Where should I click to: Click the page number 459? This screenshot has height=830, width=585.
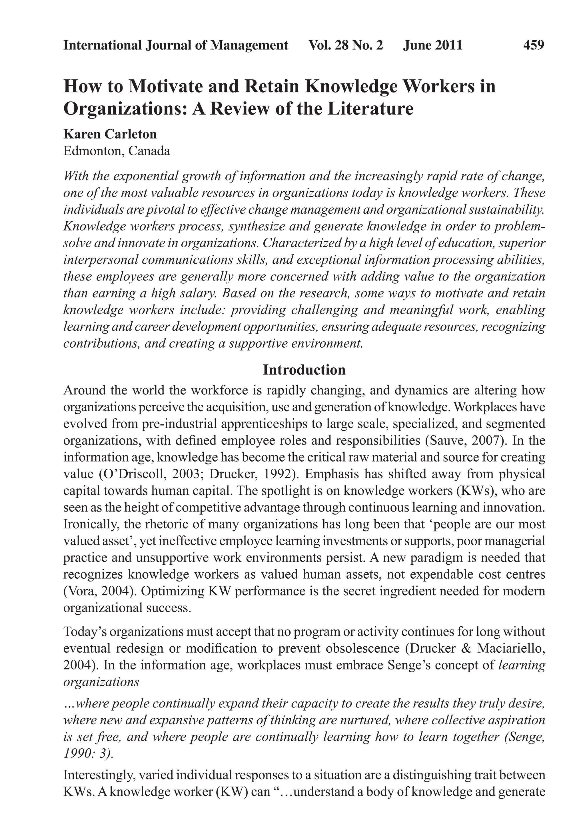[x=533, y=45]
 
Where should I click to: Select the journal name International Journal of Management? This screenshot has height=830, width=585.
[x=176, y=45]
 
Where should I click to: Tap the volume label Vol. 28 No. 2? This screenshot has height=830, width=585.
[x=346, y=45]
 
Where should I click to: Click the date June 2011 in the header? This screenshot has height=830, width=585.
[x=433, y=45]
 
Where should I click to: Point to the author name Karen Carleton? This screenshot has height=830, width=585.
[x=110, y=134]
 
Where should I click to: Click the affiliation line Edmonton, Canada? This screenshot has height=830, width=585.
[x=117, y=151]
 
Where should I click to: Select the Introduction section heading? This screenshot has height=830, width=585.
[x=304, y=370]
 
